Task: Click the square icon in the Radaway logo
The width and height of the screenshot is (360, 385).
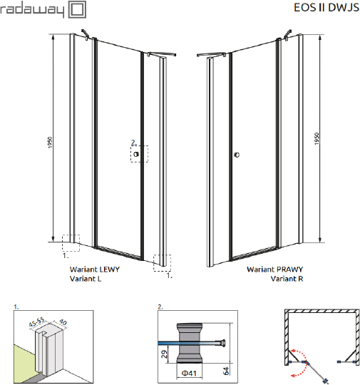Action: pyautogui.click(x=77, y=11)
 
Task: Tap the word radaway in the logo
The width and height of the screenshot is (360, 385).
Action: pyautogui.click(x=34, y=11)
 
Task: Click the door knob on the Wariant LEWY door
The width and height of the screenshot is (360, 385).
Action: pyautogui.click(x=136, y=153)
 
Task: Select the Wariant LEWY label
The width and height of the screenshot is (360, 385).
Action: pyautogui.click(x=94, y=269)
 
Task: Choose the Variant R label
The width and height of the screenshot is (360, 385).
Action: pyautogui.click(x=287, y=279)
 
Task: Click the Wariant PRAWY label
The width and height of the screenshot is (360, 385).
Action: pyautogui.click(x=274, y=269)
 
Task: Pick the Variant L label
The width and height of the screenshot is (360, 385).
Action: pyautogui.click(x=85, y=279)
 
